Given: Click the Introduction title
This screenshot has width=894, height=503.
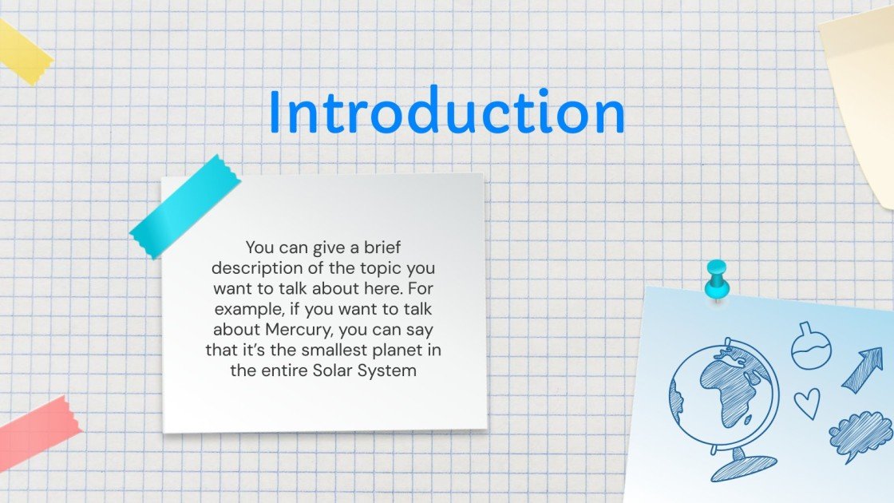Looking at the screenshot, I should pos(446,112).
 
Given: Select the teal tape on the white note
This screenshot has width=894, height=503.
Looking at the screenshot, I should pos(184,207).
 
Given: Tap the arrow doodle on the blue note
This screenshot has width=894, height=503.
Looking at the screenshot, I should pos(861,369).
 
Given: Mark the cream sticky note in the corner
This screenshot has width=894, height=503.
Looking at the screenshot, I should pos(862,88).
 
